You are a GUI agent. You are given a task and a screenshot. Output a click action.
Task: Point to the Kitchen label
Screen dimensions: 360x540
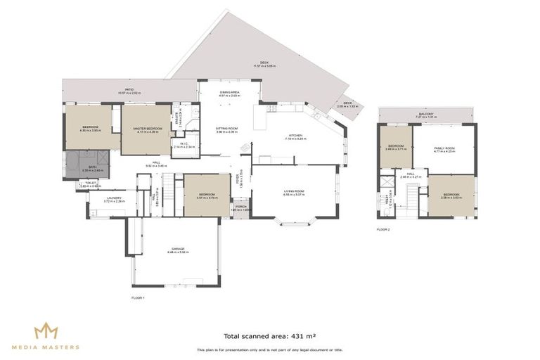click(x=294, y=136)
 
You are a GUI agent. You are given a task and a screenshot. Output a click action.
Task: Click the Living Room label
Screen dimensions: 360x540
click(x=293, y=193)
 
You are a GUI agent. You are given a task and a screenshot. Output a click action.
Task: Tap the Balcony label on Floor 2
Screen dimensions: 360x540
click(x=425, y=115)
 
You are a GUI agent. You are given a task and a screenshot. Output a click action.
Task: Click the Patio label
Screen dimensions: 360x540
click(x=129, y=91)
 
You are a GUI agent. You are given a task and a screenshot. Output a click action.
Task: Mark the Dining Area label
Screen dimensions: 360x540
click(x=230, y=94)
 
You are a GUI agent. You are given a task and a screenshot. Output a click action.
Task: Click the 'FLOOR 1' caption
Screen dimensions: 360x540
click(x=138, y=298)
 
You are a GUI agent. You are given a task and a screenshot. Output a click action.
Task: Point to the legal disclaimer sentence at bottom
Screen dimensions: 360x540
click(x=269, y=349)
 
